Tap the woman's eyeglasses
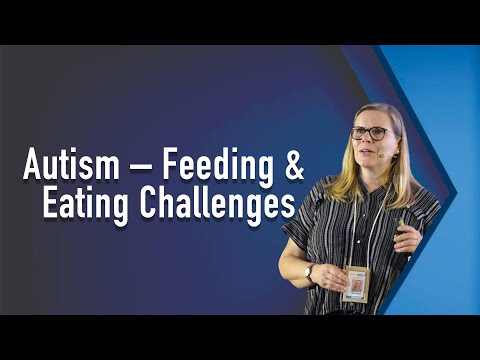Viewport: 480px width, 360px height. point(371,132)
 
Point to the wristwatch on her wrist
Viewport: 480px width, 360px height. point(309,270)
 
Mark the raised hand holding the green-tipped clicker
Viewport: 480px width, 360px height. point(406,236)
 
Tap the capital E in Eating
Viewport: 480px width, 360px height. point(50,203)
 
